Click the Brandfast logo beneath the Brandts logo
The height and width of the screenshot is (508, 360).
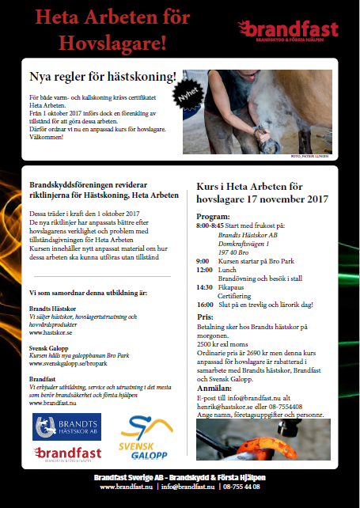pos(66,455)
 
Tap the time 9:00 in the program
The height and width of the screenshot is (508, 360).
pos(203,260)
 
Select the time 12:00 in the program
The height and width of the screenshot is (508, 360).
pos(204,269)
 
